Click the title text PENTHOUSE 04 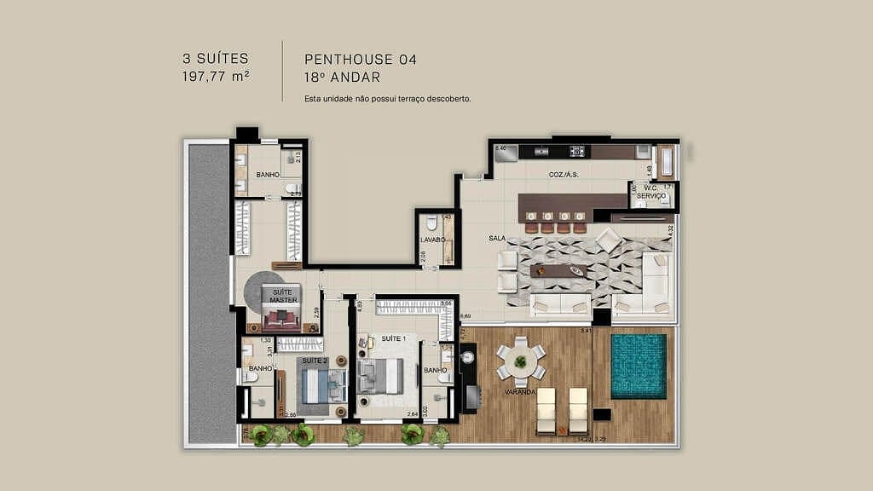tap(361, 60)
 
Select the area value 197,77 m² tap(215, 76)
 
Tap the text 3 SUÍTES tap(215, 59)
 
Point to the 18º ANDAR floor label tap(342, 76)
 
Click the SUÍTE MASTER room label tap(282, 296)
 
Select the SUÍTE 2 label tap(315, 361)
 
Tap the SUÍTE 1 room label tap(393, 338)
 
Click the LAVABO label tap(433, 240)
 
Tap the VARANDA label tap(518, 392)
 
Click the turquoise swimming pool tap(639, 366)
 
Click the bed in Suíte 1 tap(381, 376)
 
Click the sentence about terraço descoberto tap(388, 99)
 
